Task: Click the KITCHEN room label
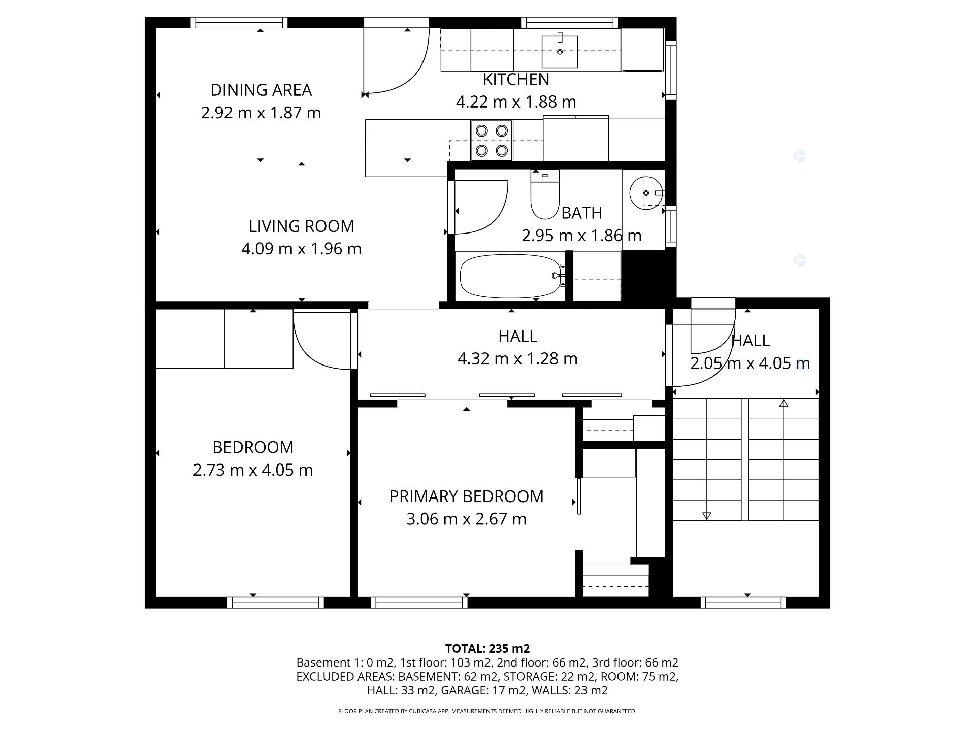click(x=516, y=80)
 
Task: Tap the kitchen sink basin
click(x=560, y=51)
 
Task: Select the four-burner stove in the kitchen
click(x=492, y=141)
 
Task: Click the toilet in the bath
click(x=544, y=195)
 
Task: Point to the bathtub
click(x=510, y=276)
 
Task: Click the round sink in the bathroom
click(x=645, y=193)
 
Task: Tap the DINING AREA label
click(x=261, y=90)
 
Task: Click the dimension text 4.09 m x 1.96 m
click(x=301, y=249)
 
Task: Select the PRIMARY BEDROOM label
click(x=466, y=496)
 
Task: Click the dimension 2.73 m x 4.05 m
click(x=253, y=471)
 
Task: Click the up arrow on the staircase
click(x=784, y=404)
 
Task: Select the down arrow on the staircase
click(x=706, y=516)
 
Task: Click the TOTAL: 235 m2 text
click(x=487, y=649)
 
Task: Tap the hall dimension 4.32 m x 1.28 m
click(x=517, y=359)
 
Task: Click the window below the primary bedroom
click(x=419, y=603)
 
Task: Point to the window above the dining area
click(x=239, y=22)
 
